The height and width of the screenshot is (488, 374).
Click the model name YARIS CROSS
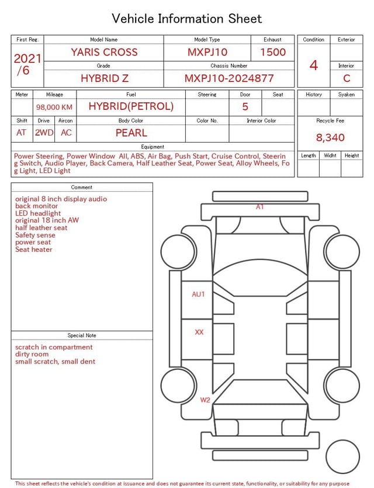104,52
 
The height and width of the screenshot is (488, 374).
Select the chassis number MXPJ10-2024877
229,78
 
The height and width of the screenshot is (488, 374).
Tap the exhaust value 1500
273,52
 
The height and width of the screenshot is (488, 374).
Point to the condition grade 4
314,65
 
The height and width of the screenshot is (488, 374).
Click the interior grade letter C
347,78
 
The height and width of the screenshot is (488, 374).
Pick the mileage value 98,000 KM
54,107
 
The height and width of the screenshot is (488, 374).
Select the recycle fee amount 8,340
330,137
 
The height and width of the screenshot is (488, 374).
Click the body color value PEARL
131,133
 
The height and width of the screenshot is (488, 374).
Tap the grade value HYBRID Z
105,78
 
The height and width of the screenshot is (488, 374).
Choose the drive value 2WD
44,133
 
